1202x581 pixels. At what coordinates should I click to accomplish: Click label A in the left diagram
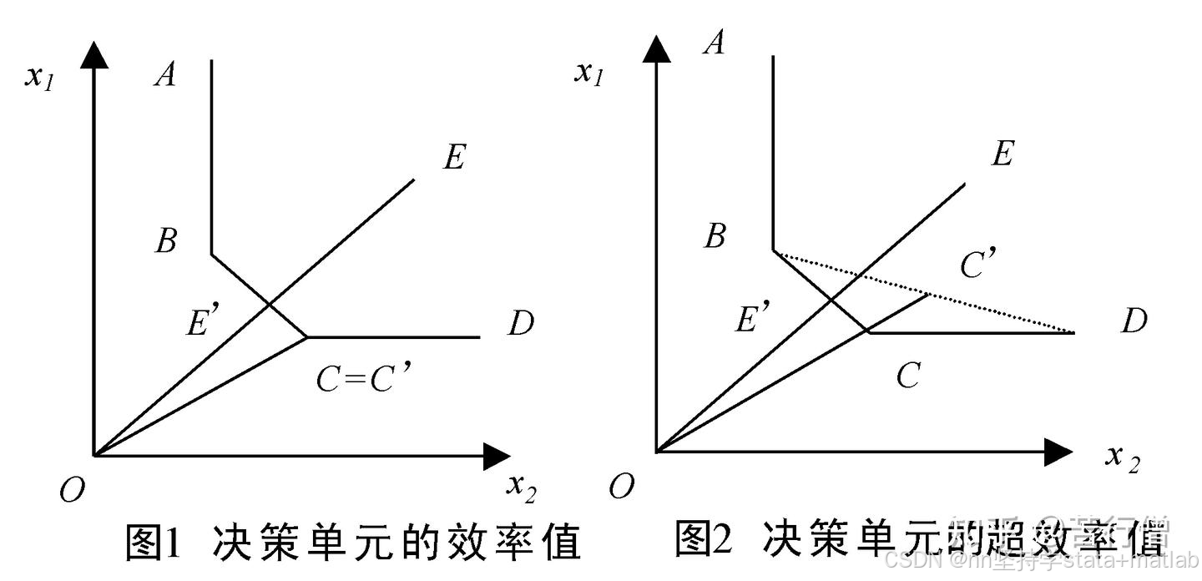click(x=165, y=76)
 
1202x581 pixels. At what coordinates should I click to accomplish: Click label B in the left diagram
click(x=165, y=242)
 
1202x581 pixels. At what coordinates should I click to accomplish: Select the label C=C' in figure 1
click(x=365, y=381)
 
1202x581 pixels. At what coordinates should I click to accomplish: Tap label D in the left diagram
click(x=520, y=323)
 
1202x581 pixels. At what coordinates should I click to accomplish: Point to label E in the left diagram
click(x=454, y=157)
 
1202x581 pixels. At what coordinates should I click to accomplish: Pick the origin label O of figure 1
click(x=72, y=491)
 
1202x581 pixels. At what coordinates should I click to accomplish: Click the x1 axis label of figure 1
click(x=40, y=78)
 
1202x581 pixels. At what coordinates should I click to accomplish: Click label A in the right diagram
click(x=714, y=42)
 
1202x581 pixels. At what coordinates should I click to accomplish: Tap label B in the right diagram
click(x=714, y=237)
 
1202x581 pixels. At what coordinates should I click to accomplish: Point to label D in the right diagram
click(x=1133, y=321)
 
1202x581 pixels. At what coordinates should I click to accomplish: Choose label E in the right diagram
click(x=1003, y=154)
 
